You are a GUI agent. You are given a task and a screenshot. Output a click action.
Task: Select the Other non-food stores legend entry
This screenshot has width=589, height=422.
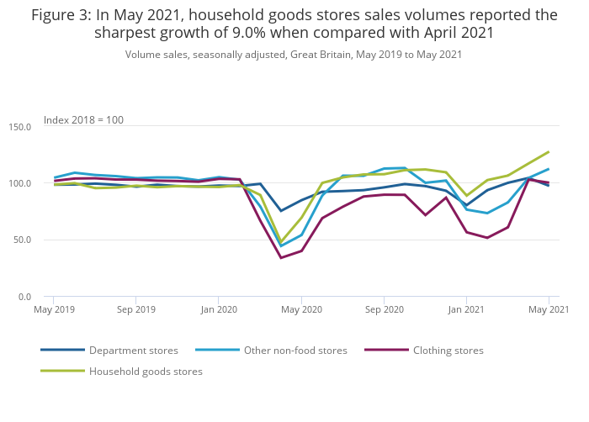pyautogui.click(x=295, y=350)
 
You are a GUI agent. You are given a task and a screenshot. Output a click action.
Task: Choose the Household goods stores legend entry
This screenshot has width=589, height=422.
pyautogui.click(x=146, y=371)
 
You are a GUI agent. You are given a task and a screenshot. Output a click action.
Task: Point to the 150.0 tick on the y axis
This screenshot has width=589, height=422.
pyautogui.click(x=19, y=127)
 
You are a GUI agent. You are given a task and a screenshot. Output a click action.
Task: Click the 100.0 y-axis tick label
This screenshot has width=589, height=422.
pyautogui.click(x=19, y=183)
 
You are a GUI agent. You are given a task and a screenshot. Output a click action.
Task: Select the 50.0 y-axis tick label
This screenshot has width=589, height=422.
pyautogui.click(x=22, y=240)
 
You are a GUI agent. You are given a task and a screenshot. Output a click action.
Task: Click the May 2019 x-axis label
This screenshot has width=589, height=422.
pyautogui.click(x=53, y=309)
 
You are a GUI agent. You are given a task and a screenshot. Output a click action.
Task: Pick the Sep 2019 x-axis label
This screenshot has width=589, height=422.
pyautogui.click(x=135, y=309)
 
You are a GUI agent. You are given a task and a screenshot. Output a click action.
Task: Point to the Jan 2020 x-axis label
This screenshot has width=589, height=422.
pyautogui.click(x=218, y=309)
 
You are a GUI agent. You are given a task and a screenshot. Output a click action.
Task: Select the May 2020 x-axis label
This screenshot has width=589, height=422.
pyautogui.click(x=301, y=309)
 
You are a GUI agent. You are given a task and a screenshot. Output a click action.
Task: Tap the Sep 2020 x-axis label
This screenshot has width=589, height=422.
pyautogui.click(x=384, y=309)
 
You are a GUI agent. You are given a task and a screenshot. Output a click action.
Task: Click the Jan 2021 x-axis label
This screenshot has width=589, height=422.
pyautogui.click(x=466, y=309)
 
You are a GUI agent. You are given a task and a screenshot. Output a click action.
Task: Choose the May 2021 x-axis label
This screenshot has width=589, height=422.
pyautogui.click(x=548, y=309)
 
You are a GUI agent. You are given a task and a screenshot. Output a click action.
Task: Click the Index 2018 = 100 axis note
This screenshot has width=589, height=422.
pyautogui.click(x=83, y=120)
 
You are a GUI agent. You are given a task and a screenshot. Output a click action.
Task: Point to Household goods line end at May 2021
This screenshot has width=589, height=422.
pyautogui.click(x=549, y=152)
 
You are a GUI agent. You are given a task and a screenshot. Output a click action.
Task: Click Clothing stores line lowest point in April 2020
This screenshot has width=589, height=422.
pyautogui.click(x=281, y=258)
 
